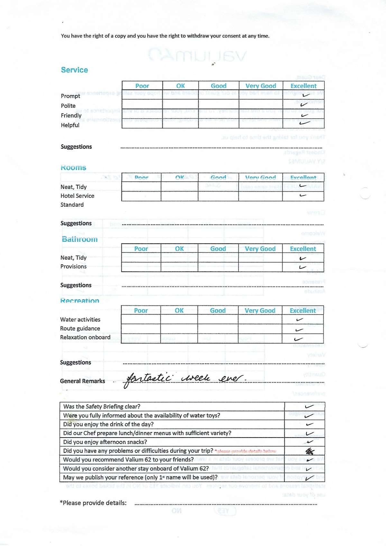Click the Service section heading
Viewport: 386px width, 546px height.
pyautogui.click(x=74, y=70)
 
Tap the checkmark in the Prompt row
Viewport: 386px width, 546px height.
pyautogui.click(x=306, y=95)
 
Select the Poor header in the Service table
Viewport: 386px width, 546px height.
pyautogui.click(x=142, y=86)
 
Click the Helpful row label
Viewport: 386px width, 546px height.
pyautogui.click(x=70, y=125)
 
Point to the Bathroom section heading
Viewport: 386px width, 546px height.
pyautogui.click(x=79, y=239)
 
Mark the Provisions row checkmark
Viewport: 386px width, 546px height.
pyautogui.click(x=302, y=267)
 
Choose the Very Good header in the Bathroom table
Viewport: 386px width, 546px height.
pyautogui.click(x=260, y=249)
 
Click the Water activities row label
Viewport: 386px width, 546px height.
pyautogui.click(x=80, y=320)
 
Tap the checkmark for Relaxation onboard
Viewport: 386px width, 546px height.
pyautogui.click(x=299, y=339)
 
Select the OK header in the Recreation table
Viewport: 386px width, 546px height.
pyautogui.click(x=179, y=311)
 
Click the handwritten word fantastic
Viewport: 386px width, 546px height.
pyautogui.click(x=149, y=379)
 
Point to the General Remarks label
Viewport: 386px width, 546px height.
pyautogui.click(x=82, y=381)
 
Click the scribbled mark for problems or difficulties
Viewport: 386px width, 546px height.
pyautogui.click(x=310, y=451)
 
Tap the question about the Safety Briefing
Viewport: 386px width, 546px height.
pyautogui.click(x=102, y=407)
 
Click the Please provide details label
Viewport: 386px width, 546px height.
pyautogui.click(x=93, y=503)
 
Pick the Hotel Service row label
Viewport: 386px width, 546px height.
pyautogui.click(x=77, y=196)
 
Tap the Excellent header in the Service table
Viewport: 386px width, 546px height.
pyautogui.click(x=303, y=86)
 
